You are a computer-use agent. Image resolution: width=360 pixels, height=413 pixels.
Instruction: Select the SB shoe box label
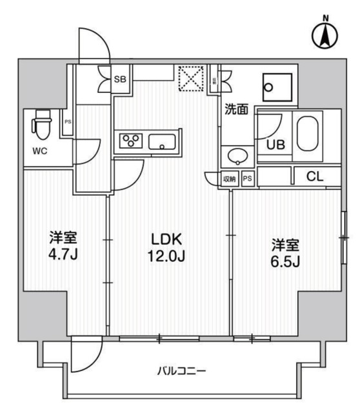(x=120, y=79)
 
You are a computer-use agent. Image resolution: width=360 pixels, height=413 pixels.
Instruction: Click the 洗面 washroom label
(x=236, y=110)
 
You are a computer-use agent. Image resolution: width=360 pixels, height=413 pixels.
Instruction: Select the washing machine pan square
(x=277, y=87)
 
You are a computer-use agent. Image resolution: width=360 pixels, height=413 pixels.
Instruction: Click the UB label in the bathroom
(x=275, y=145)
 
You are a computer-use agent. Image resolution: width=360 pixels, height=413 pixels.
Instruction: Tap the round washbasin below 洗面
(x=236, y=156)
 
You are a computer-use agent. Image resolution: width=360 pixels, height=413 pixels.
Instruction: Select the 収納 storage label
(x=230, y=179)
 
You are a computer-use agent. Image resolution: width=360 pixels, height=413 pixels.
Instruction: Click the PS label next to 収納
(x=248, y=179)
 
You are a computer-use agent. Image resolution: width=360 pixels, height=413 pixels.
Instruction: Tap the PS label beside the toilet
(x=67, y=121)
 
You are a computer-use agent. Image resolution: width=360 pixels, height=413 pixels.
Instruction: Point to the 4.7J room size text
(x=63, y=245)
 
